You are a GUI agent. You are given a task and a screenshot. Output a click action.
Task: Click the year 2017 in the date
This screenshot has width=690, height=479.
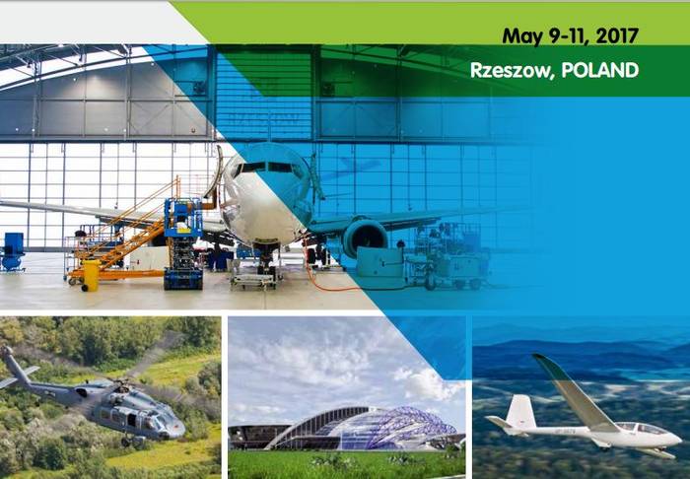point(616,35)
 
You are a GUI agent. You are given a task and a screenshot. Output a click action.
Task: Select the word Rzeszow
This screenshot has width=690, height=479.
point(510,70)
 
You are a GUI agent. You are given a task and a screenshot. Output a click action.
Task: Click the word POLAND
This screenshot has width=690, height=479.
point(599,70)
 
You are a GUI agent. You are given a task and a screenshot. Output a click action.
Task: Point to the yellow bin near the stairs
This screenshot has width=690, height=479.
point(91,276)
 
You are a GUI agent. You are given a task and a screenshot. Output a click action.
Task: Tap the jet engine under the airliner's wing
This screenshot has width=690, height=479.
point(365,238)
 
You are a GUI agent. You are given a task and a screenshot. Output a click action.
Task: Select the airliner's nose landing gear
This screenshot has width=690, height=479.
point(265,261)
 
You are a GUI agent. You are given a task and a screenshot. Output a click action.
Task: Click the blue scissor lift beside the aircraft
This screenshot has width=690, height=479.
point(183,243)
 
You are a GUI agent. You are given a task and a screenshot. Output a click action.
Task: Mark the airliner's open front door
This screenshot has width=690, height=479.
point(215,173)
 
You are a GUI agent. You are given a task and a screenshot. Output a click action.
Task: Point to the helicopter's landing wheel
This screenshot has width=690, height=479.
point(124,442)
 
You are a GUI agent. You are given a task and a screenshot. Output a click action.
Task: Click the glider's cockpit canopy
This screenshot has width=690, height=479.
point(643,429)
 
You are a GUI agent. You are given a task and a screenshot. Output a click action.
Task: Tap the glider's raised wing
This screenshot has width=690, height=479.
point(572,389)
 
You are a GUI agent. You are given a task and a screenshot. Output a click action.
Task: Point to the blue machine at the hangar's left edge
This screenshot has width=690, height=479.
point(12,251)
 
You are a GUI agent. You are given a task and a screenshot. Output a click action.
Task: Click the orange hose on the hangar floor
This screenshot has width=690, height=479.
point(325,272)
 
